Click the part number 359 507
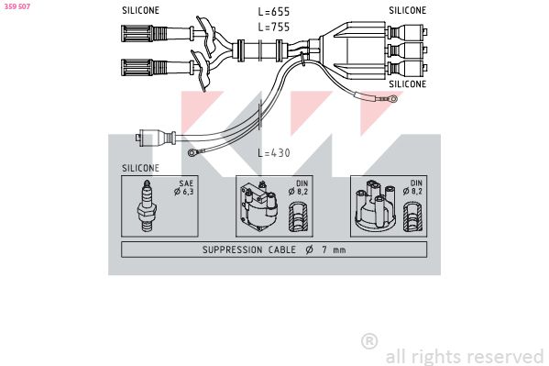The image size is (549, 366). tap(17, 6)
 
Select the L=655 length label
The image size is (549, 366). tap(274, 12)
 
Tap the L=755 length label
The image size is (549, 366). tap(274, 27)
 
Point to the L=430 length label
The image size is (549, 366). tap(274, 153)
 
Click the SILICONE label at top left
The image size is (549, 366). tap(140, 10)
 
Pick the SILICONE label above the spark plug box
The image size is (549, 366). tap(140, 168)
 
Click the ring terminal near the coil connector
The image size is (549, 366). tap(192, 152)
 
